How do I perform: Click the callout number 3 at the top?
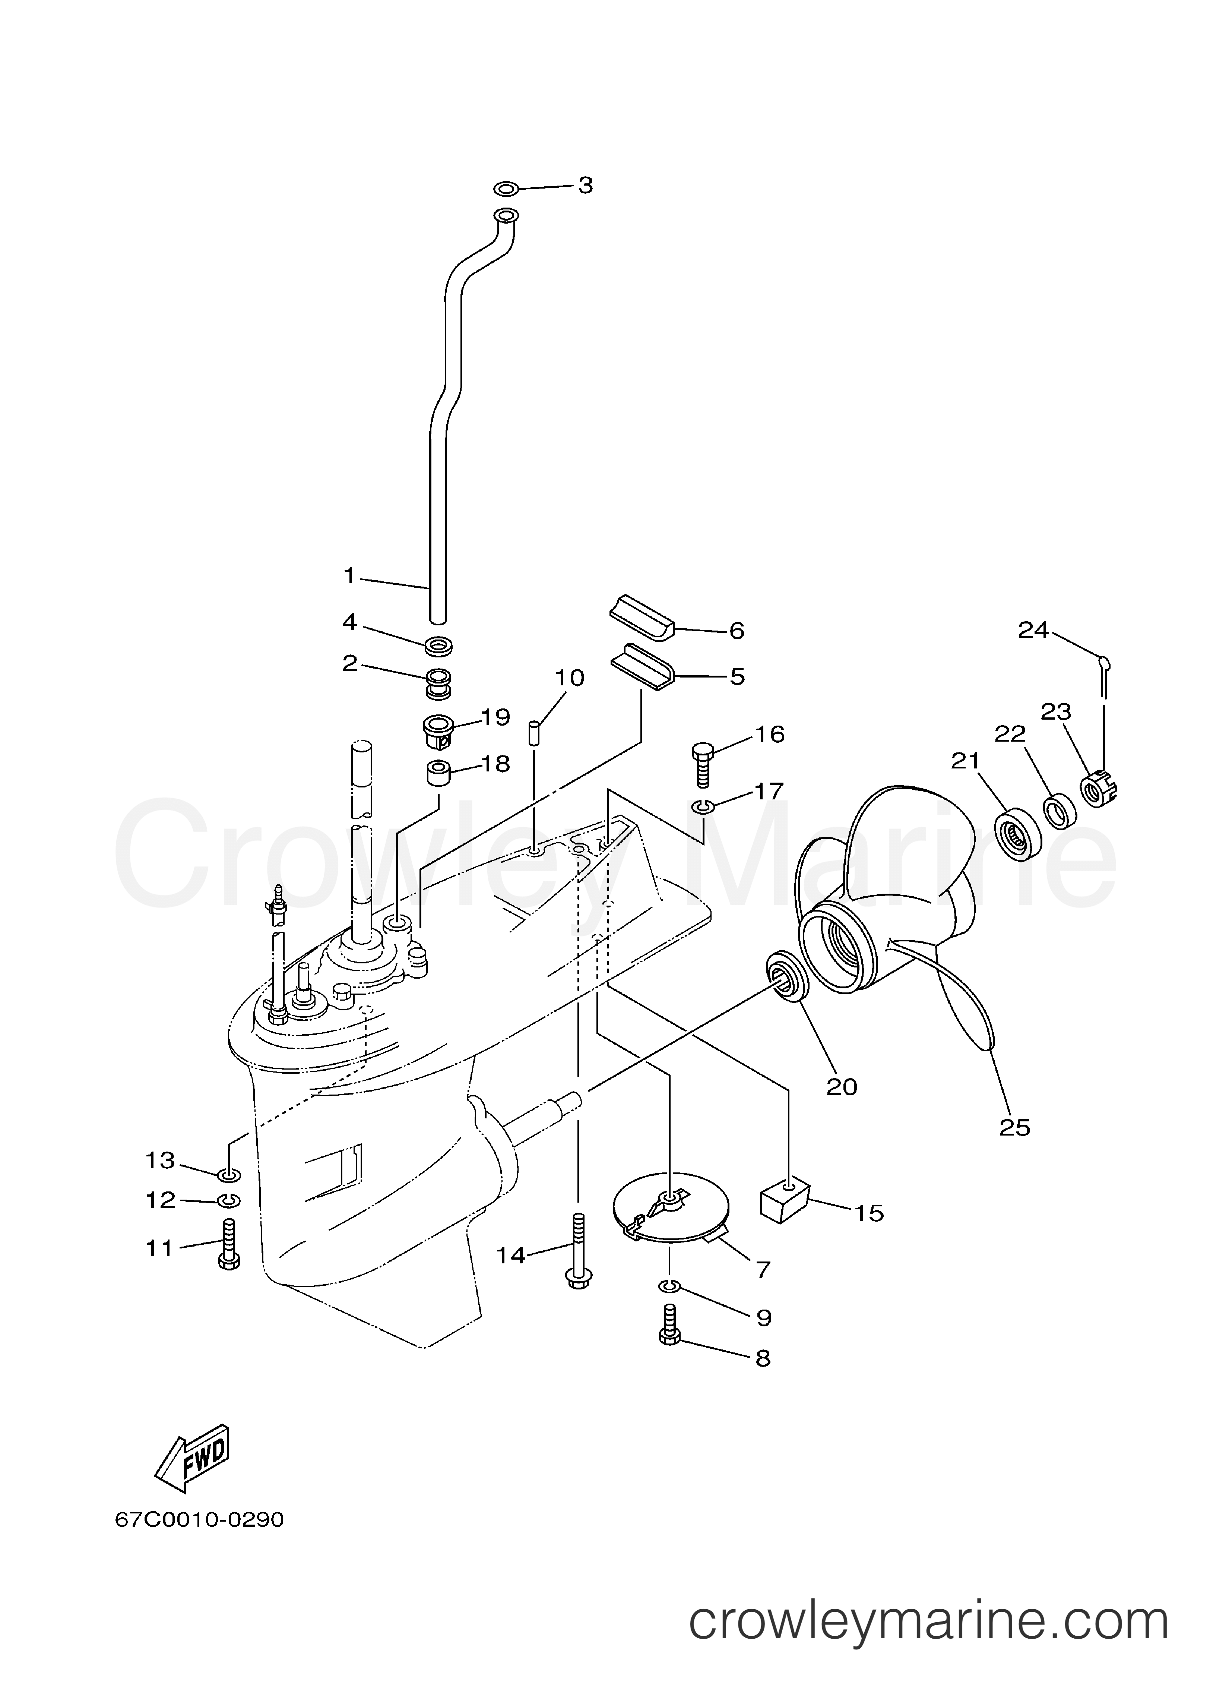click(x=585, y=185)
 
